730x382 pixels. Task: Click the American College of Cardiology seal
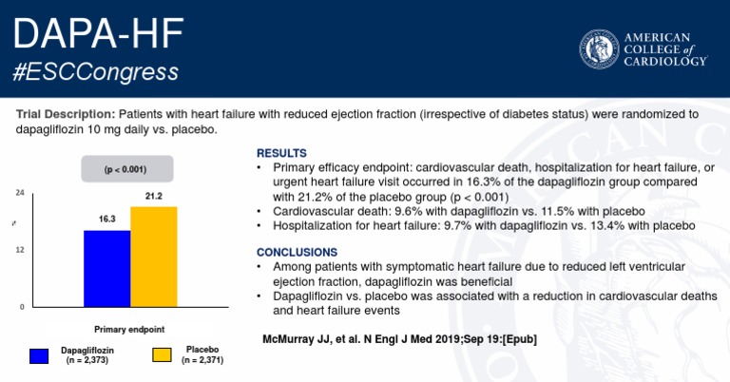(x=600, y=49)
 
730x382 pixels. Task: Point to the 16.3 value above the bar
(x=106, y=219)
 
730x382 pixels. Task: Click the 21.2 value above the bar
(x=154, y=196)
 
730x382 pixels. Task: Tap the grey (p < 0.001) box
(x=126, y=170)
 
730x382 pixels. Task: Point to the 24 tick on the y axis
(x=20, y=193)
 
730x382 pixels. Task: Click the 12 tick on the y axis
(x=20, y=249)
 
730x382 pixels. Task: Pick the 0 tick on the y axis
(x=22, y=306)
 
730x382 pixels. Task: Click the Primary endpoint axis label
(x=129, y=329)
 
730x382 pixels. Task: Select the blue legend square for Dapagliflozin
(x=39, y=355)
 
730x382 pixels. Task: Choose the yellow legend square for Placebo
(x=163, y=355)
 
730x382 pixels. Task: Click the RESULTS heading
(x=281, y=152)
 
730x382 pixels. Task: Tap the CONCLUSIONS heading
(x=297, y=252)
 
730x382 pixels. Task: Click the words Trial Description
(x=65, y=113)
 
